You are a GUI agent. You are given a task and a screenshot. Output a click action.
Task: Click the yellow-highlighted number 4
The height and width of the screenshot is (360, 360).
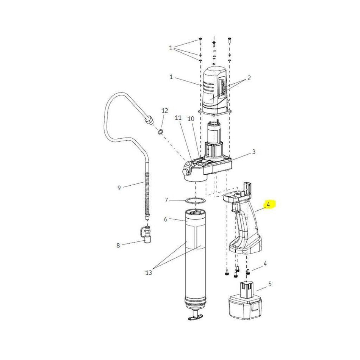tap(268, 204)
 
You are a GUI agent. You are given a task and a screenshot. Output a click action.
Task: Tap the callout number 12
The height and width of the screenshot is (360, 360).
tap(164, 111)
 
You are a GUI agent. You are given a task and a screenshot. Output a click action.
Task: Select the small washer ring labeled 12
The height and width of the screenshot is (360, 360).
tap(160, 132)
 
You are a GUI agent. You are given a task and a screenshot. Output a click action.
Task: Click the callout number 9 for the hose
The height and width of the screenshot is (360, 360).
tap(119, 188)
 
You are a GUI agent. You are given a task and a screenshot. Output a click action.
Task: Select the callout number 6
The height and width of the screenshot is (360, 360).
tap(166, 219)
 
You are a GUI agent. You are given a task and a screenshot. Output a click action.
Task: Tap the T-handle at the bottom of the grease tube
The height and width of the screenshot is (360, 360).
tap(195, 315)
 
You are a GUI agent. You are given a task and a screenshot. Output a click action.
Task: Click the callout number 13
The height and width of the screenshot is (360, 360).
tap(149, 273)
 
